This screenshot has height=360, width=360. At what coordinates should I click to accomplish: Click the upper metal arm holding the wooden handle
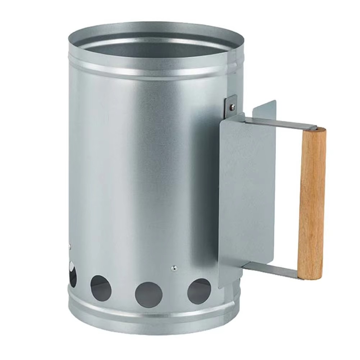pyautogui.click(x=284, y=123)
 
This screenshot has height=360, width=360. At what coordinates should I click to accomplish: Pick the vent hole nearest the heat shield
pyautogui.click(x=199, y=291)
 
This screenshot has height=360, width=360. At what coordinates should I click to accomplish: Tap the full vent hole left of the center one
pyautogui.click(x=101, y=288)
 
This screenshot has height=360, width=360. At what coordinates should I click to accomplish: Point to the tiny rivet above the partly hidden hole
pyautogui.click(x=70, y=247)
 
